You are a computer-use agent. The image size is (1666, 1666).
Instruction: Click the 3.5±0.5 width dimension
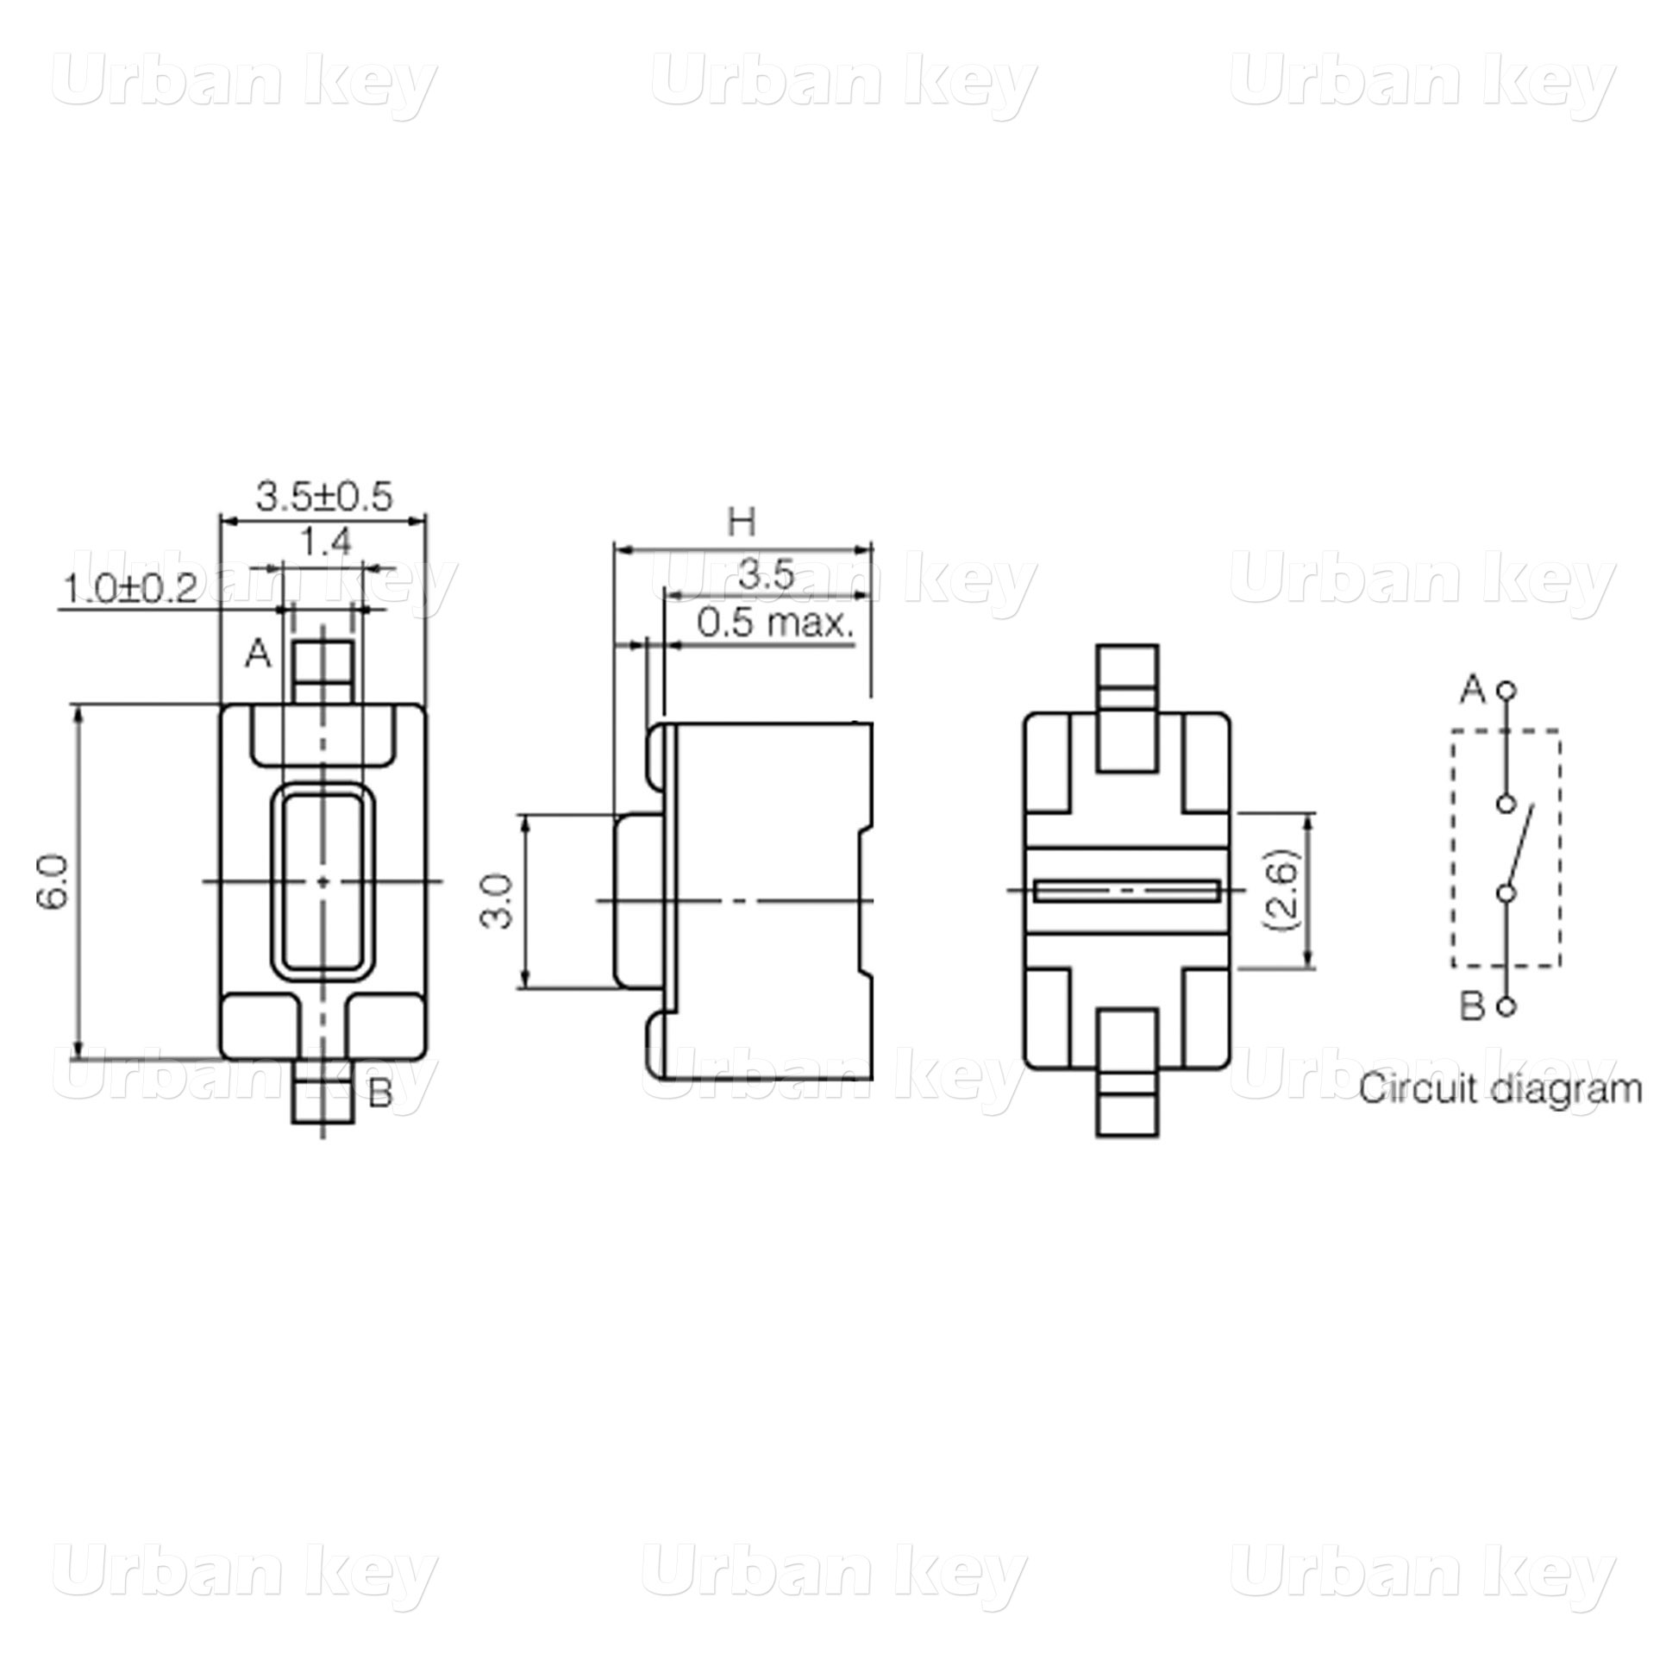[324, 497]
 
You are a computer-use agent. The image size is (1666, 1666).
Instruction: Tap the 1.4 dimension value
[326, 542]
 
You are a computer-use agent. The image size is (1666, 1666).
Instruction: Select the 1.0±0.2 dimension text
[131, 589]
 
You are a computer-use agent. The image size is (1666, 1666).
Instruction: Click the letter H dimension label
[742, 522]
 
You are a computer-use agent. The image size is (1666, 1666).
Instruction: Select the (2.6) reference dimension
[1279, 891]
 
